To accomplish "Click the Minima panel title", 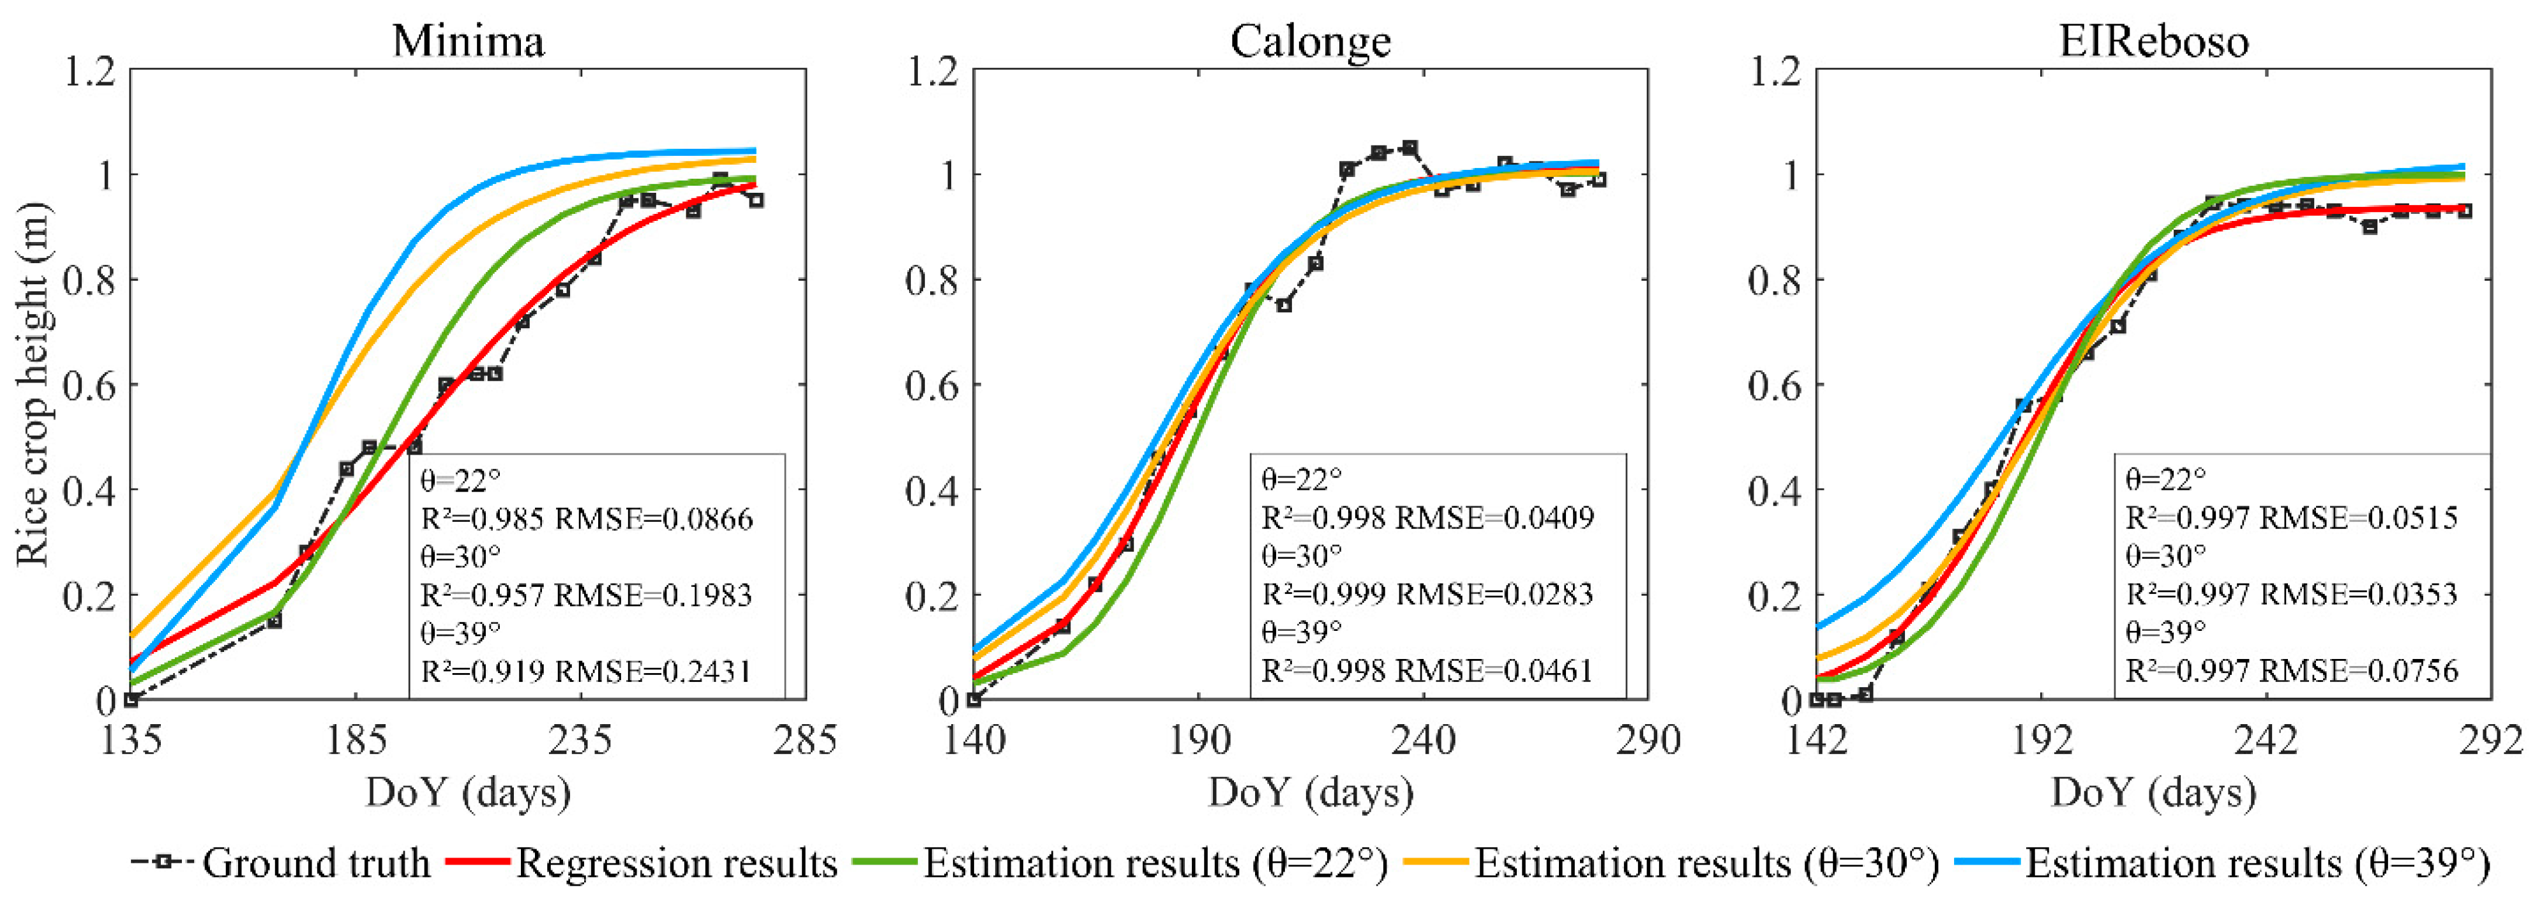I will (468, 42).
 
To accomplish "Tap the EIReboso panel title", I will (2153, 42).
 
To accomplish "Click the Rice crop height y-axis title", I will (33, 385).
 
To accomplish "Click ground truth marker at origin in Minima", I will (132, 700).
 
